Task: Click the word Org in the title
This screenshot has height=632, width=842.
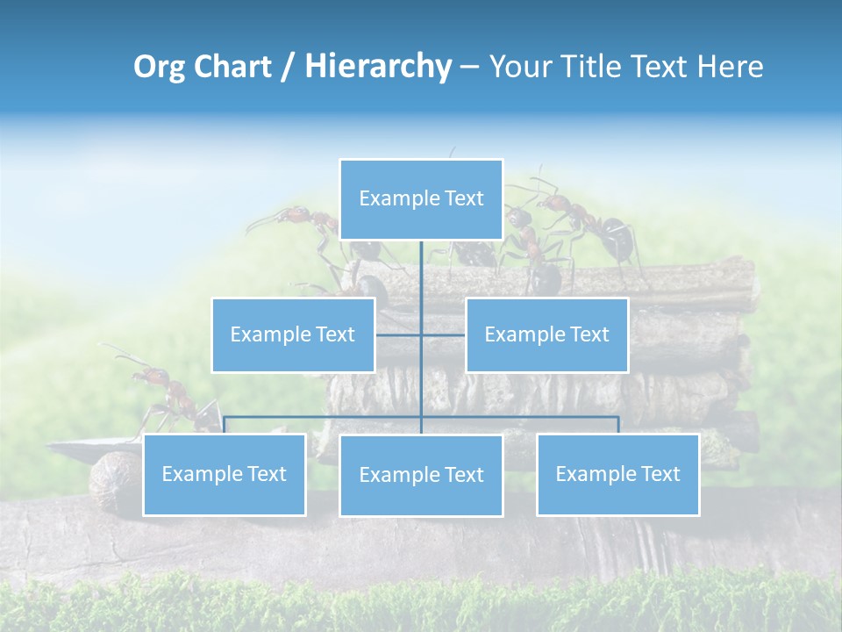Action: coord(161,67)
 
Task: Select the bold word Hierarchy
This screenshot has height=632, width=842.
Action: coord(378,67)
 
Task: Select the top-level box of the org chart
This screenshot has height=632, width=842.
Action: coord(421,199)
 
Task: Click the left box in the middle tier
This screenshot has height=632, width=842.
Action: coord(293,334)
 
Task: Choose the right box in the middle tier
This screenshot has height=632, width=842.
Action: coord(546,334)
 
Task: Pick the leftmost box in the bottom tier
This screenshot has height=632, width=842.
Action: coord(225,474)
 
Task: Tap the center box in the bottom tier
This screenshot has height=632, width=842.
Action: coord(421,475)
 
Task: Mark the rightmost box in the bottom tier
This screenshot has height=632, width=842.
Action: coord(617,474)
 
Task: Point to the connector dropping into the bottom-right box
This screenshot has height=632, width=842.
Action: coord(617,425)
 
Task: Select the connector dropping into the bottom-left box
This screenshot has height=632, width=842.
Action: coord(225,425)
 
